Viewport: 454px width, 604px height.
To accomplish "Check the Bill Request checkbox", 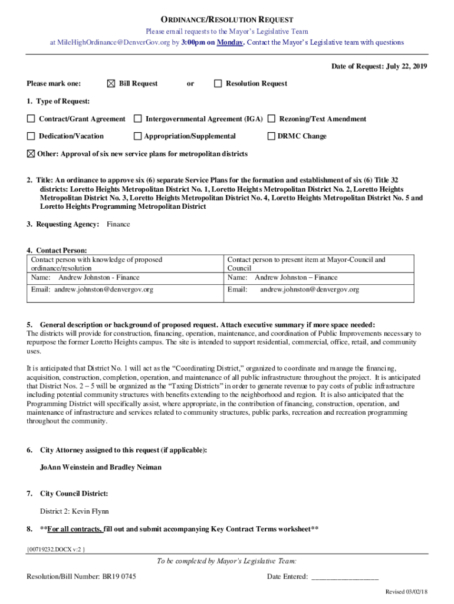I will [111, 84].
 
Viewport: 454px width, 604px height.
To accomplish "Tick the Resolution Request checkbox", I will [218, 84].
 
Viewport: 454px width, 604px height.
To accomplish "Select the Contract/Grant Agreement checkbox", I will [31, 119].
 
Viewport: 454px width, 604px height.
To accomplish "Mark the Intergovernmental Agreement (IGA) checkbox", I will [137, 119].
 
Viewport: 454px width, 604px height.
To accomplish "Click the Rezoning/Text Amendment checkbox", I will [272, 119].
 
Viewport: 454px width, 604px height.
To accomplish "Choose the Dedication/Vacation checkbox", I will [31, 136].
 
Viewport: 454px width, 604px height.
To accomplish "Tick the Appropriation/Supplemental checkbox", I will [137, 136].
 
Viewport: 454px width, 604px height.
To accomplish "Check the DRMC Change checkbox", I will [272, 136].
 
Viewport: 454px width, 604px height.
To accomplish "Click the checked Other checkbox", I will [31, 153].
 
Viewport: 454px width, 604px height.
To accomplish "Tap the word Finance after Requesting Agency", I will [119, 224].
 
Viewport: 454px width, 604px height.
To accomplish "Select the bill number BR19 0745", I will [119, 576].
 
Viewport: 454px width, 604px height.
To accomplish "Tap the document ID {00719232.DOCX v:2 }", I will [57, 550].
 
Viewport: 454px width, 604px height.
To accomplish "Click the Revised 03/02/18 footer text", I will [406, 592].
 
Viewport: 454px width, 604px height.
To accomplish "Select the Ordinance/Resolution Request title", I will [227, 20].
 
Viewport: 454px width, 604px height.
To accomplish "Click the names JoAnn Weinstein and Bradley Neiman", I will [101, 467].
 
